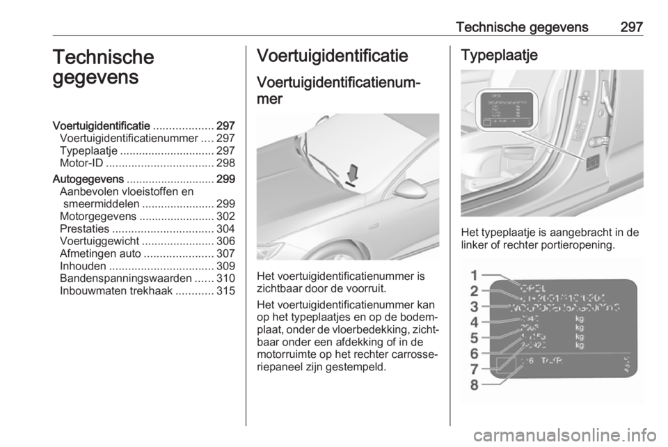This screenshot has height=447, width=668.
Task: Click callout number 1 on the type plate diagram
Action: coord(473,274)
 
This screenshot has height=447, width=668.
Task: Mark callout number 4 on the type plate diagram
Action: coord(473,322)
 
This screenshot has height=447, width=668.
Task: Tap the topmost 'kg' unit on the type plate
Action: coord(580,319)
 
